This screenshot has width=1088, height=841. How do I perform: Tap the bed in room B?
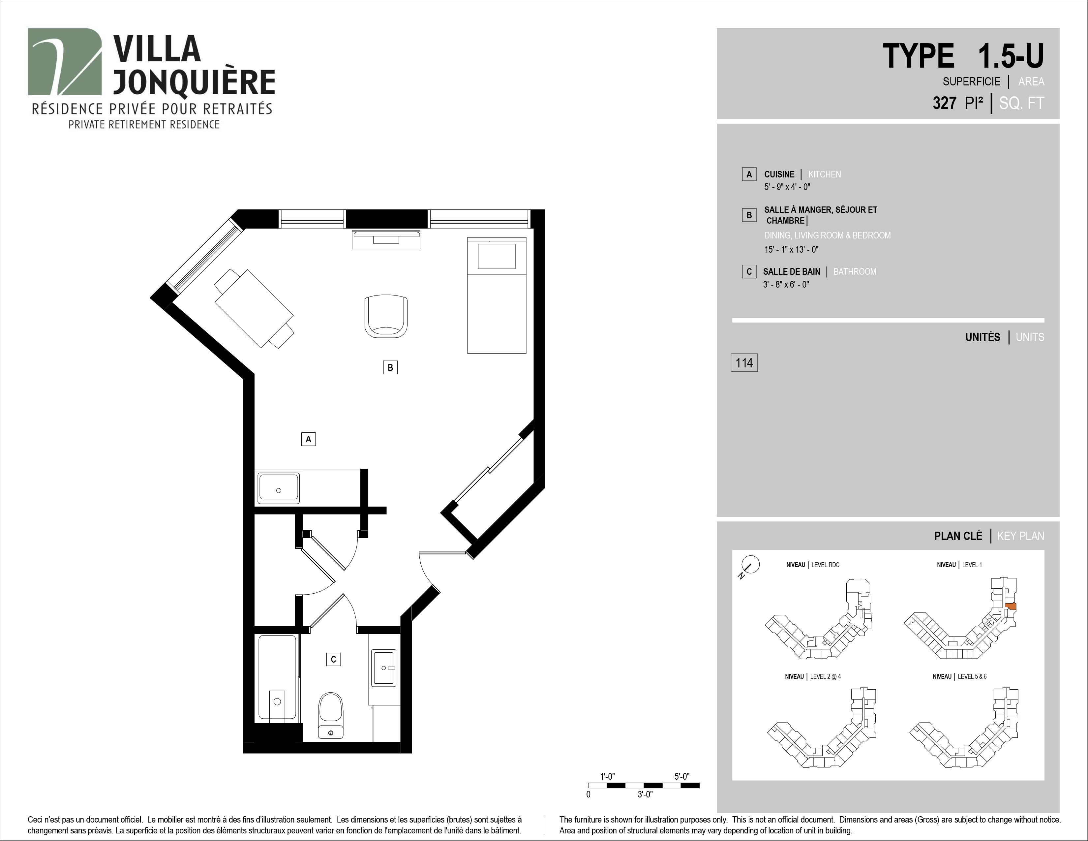click(497, 296)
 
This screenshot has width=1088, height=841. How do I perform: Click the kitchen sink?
click(279, 488)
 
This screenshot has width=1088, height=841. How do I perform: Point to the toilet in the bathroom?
click(331, 715)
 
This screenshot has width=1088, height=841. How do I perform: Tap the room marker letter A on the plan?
click(308, 439)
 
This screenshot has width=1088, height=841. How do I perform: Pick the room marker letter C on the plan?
click(333, 659)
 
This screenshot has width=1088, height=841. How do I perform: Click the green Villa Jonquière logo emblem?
click(65, 61)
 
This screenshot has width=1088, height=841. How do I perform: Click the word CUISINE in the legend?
click(779, 174)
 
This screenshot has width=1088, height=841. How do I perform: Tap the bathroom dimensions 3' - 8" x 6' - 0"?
click(786, 285)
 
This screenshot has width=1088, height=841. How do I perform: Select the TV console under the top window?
click(386, 240)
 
